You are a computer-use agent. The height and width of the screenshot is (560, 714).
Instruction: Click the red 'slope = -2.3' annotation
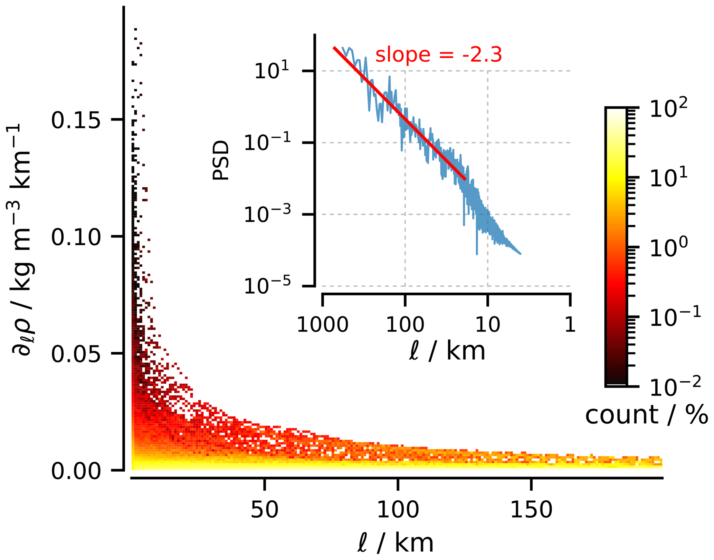(438, 55)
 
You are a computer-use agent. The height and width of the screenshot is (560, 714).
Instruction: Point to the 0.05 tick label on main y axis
(76, 354)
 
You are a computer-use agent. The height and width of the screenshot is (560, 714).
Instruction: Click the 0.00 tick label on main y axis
(76, 471)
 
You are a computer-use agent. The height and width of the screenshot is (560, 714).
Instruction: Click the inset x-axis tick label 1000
(322, 325)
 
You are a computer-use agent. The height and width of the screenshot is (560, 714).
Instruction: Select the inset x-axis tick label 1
(570, 325)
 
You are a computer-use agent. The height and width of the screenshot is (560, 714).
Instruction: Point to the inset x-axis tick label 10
(487, 325)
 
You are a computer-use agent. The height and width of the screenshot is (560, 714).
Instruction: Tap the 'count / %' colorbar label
(646, 415)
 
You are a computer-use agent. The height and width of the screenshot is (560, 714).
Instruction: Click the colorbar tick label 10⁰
(668, 248)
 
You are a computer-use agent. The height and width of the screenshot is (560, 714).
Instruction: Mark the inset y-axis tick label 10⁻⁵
(267, 286)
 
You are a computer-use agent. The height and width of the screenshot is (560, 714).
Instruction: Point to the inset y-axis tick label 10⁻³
(267, 215)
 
